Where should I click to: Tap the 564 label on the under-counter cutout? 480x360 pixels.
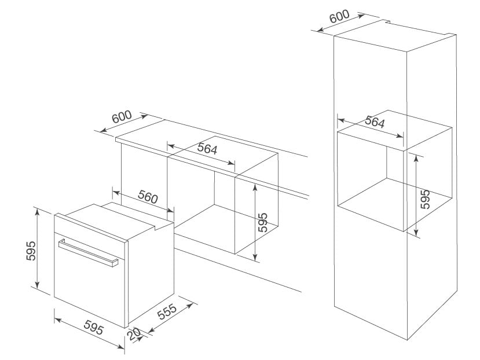coord(206,149)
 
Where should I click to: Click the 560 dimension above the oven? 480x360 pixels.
coord(148,197)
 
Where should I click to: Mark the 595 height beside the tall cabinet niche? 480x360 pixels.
coord(426,199)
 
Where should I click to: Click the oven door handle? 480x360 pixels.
coord(87,252)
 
